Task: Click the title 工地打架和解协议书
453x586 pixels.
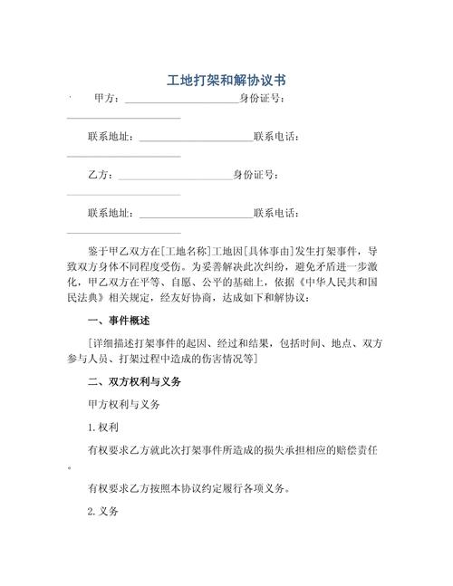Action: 226,80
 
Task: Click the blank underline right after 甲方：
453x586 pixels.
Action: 180,100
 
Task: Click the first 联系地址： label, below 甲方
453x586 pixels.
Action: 110,137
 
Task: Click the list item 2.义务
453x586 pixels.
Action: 105,512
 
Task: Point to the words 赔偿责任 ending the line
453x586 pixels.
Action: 357,448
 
